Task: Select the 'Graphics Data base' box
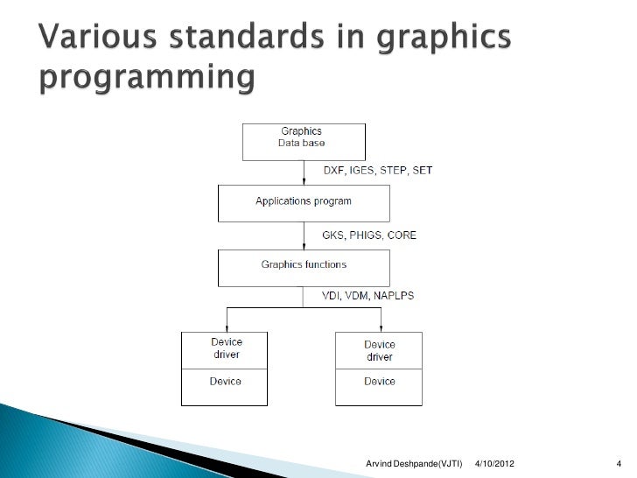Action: point(303,141)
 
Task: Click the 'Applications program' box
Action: point(303,202)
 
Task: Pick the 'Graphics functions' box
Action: point(303,266)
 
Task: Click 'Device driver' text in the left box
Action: point(225,348)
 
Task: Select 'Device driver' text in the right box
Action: point(379,350)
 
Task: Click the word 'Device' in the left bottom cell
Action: point(225,382)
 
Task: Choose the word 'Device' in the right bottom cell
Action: point(379,382)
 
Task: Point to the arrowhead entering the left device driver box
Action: point(227,327)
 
